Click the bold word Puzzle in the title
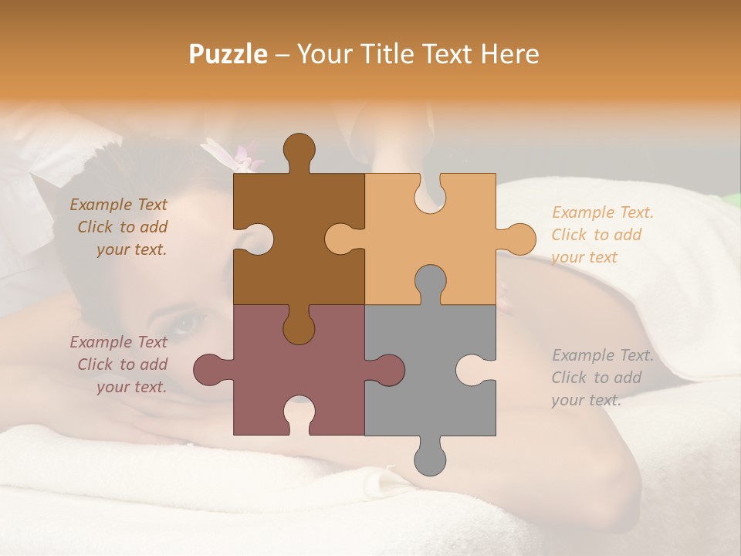point(228,54)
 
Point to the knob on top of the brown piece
point(299,150)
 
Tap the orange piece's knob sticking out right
point(518,239)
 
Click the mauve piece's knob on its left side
point(210,369)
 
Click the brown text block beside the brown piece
point(119,227)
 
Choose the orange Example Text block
point(602,235)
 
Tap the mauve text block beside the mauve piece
point(119,364)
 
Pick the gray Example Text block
point(602,378)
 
